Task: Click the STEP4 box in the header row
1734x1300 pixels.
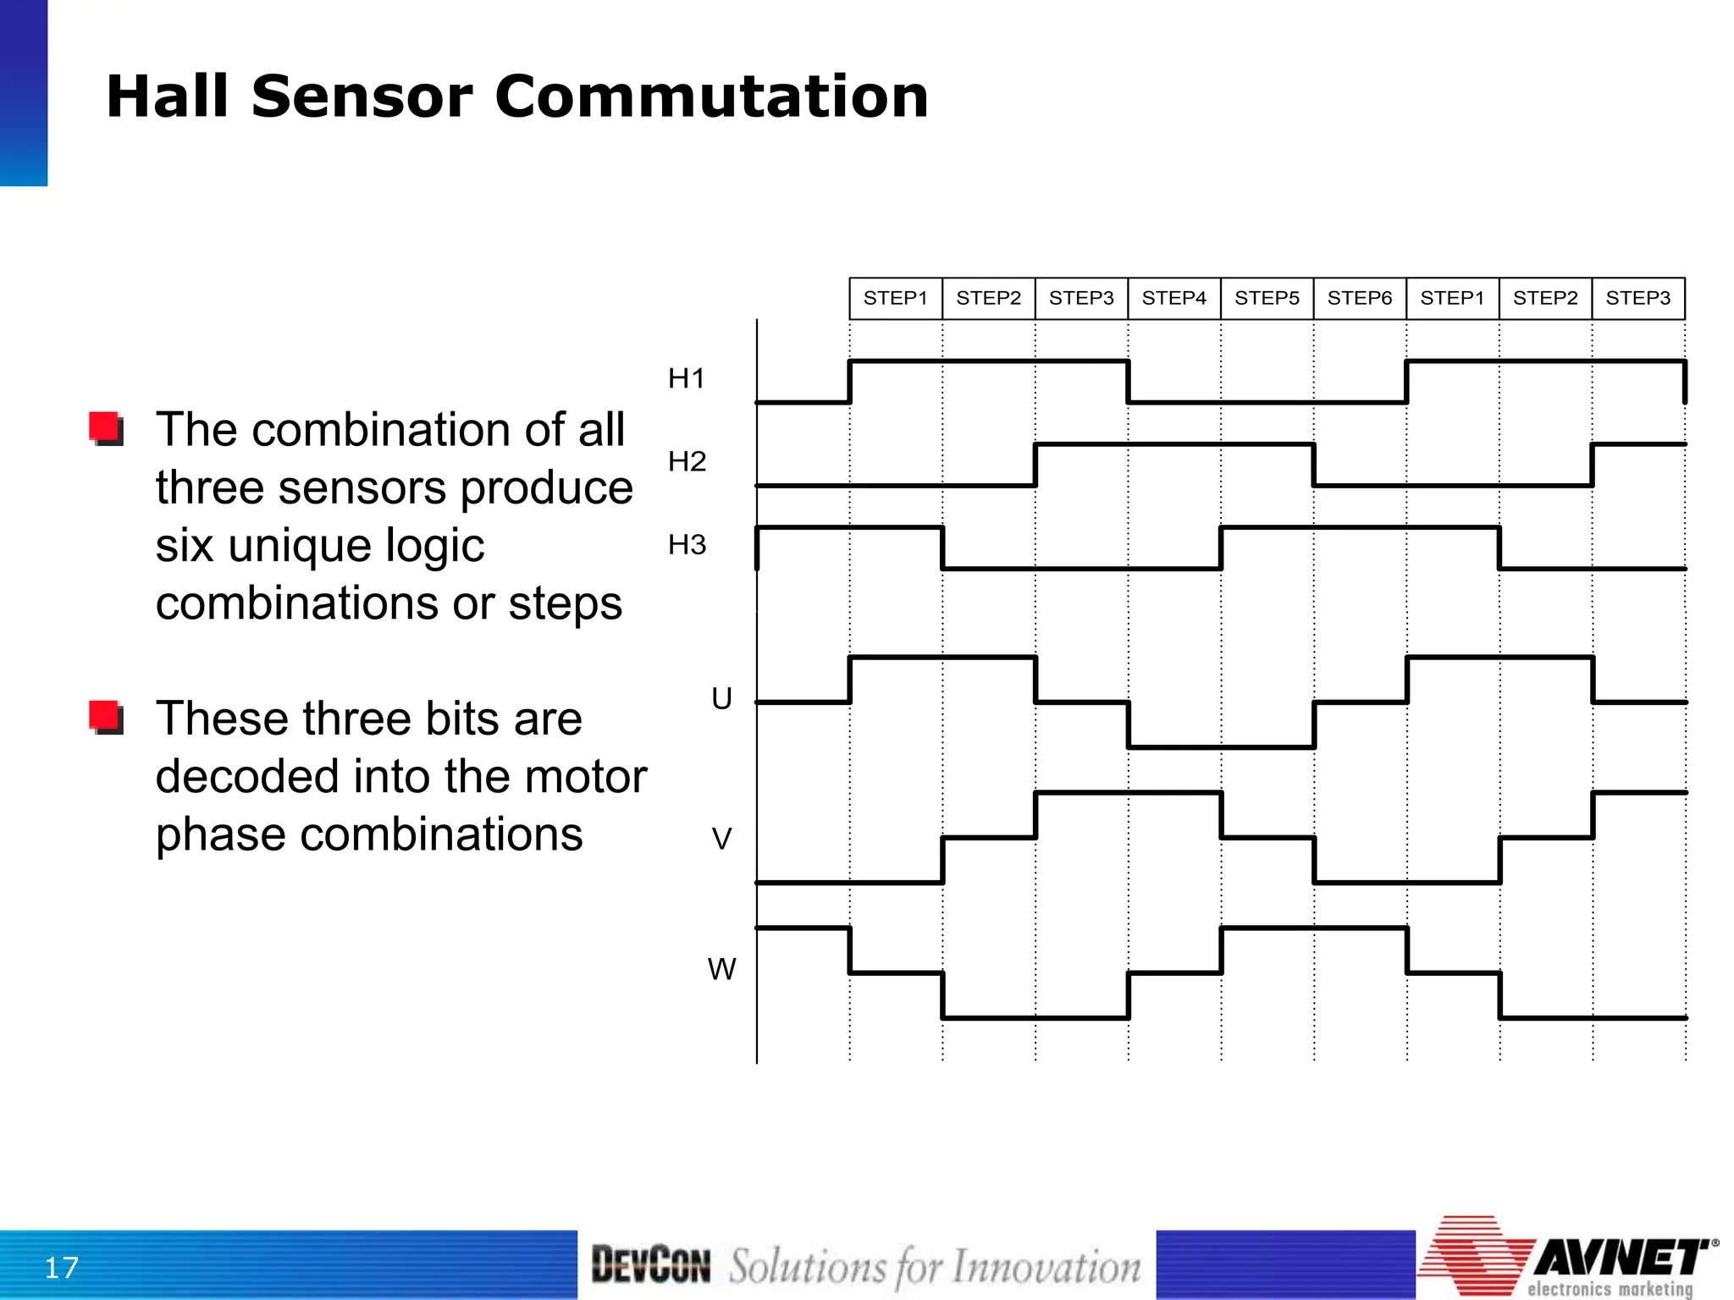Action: (x=1173, y=298)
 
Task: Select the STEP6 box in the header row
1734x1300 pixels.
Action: (x=1359, y=298)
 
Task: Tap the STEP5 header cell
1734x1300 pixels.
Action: (x=1267, y=298)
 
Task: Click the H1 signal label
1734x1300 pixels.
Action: (x=686, y=378)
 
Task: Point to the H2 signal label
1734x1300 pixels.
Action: (x=687, y=461)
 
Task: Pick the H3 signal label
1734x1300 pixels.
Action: (x=687, y=544)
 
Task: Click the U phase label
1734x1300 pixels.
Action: (x=721, y=698)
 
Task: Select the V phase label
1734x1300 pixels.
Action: (x=721, y=839)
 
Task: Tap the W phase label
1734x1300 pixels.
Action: (x=721, y=969)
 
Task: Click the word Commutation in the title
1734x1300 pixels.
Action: (x=711, y=96)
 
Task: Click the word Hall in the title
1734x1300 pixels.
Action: (x=168, y=96)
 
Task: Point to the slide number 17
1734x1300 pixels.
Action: (x=61, y=1268)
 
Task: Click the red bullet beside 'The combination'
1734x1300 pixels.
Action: (x=107, y=428)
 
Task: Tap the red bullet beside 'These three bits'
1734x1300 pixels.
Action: (x=107, y=718)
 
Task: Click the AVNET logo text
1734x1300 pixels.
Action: (x=1621, y=1258)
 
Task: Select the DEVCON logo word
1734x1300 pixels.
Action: (x=650, y=1265)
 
